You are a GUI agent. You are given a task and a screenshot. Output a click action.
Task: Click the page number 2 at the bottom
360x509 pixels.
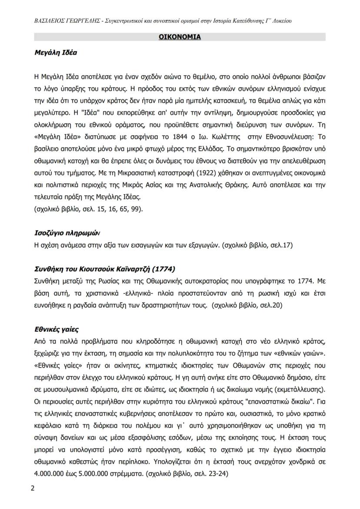click(x=33, y=487)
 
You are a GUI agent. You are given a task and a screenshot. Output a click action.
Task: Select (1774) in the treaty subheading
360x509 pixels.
click(x=165, y=268)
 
